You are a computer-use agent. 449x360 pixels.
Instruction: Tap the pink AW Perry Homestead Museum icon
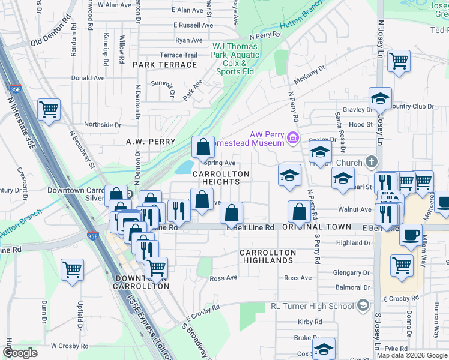click(293, 138)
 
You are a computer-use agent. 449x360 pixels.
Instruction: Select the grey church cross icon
click(372, 162)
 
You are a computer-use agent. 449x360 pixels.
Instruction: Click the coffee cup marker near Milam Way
click(411, 235)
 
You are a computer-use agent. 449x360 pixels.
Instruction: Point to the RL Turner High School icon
click(362, 306)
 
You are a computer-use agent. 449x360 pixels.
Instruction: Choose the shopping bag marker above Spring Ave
click(203, 147)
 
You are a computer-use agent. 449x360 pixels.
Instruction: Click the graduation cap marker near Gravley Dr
click(380, 99)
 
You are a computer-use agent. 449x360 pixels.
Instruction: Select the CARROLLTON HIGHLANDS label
click(267, 256)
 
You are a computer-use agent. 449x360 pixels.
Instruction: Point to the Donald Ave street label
click(88, 78)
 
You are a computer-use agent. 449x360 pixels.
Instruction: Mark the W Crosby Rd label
click(70, 346)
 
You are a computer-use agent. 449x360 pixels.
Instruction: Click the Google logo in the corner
click(20, 353)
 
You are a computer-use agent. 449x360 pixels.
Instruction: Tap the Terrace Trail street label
click(178, 55)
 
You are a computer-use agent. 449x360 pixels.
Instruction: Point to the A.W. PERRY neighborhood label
click(151, 142)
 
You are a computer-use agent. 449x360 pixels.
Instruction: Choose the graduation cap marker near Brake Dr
click(324, 348)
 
